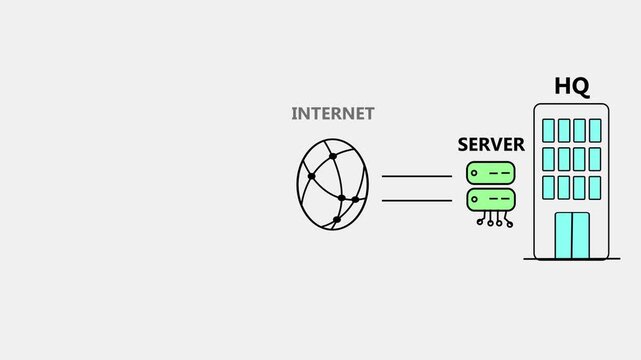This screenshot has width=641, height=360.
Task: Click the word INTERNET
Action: [332, 114]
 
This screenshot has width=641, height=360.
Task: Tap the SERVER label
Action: [491, 144]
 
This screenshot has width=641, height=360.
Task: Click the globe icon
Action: [332, 185]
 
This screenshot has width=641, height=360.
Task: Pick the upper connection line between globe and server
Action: [417, 176]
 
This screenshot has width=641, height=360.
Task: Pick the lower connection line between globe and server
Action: [417, 200]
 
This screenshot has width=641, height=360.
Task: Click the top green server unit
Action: [491, 172]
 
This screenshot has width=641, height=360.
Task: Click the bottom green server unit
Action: [491, 198]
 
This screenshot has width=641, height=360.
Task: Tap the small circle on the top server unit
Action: [476, 172]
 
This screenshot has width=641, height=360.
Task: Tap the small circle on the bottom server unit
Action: [476, 198]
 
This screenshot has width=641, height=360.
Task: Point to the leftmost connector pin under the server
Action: [477, 221]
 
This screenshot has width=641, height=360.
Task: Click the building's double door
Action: [572, 235]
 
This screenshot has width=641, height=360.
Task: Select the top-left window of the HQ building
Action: [548, 130]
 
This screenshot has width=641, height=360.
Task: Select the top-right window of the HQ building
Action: [595, 130]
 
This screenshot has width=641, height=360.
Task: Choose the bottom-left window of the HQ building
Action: [548, 187]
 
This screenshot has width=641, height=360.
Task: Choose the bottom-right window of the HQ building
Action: [595, 187]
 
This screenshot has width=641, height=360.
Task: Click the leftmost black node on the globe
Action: [310, 177]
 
